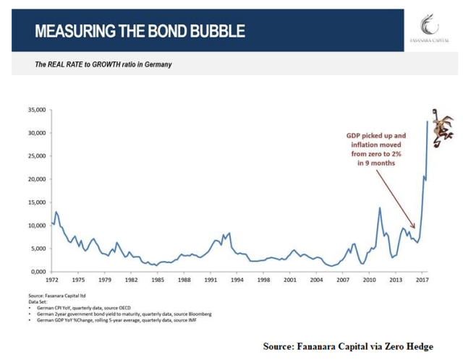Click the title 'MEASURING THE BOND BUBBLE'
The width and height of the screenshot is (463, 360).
pos(140,31)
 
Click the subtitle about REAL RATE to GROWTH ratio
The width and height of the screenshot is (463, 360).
pos(103,64)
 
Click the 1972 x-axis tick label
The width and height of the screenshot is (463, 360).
pos(52,279)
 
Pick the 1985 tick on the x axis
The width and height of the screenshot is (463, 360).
pos(158,279)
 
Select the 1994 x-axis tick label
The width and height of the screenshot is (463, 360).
pos(237,279)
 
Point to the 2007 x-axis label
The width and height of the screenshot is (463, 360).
pos(343,279)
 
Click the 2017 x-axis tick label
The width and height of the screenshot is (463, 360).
pos(422,279)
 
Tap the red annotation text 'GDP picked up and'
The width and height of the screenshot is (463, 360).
pos(381,136)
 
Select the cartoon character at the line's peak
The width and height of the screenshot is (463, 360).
pos(439,124)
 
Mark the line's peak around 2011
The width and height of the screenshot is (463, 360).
pos(380,208)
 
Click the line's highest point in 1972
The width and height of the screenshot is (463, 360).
pos(56,212)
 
